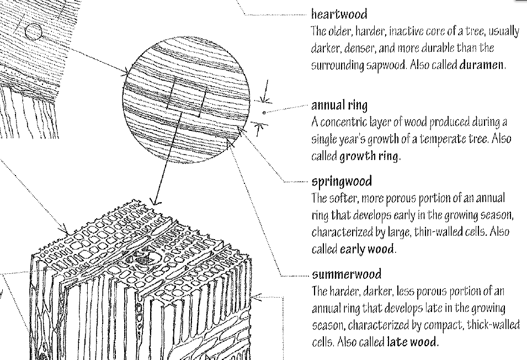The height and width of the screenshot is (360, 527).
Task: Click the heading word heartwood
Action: (x=339, y=13)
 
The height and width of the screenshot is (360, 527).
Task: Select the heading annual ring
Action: (x=339, y=105)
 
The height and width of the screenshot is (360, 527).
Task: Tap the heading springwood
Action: (x=342, y=181)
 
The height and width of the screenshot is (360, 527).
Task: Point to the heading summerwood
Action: (x=347, y=274)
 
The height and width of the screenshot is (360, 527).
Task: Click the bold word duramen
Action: (x=482, y=65)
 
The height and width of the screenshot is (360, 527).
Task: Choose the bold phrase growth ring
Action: (x=369, y=156)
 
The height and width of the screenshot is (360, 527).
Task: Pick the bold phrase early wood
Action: (x=367, y=249)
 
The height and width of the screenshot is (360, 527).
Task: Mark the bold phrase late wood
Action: (x=412, y=342)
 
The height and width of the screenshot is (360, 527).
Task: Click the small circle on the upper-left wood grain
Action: (x=34, y=32)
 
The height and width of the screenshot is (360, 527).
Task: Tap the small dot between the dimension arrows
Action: (x=265, y=113)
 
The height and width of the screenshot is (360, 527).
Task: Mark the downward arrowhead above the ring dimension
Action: (x=267, y=99)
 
